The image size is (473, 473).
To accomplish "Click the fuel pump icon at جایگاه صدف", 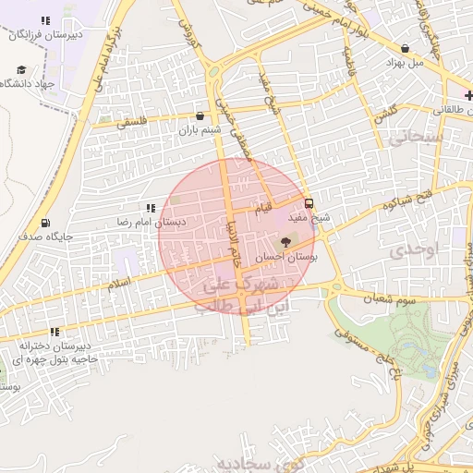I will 46,223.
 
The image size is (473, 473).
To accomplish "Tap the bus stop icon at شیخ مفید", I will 309,204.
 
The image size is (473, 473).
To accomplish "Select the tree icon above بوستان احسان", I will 285,242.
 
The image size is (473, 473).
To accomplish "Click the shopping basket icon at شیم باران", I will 201,116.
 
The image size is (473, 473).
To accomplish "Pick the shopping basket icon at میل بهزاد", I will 405,49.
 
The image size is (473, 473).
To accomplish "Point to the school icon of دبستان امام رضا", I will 150,209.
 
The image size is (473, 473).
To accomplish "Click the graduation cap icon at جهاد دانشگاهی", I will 21,69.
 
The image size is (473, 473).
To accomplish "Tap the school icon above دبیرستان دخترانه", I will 55,331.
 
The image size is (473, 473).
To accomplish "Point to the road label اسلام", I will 119,285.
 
